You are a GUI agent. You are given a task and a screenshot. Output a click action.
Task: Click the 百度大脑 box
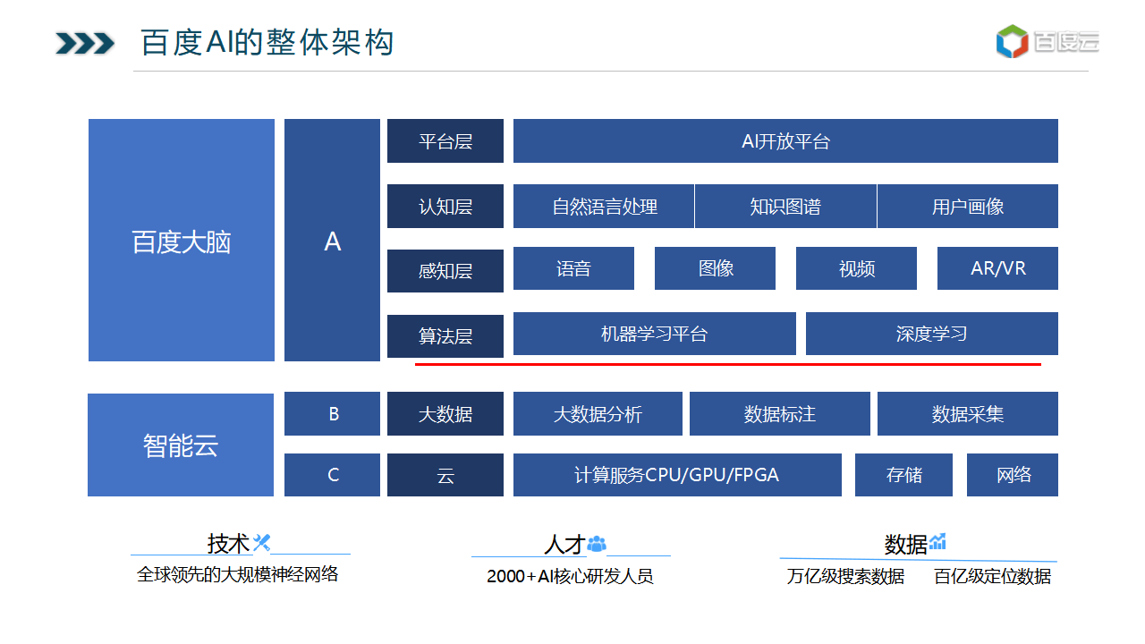(182, 241)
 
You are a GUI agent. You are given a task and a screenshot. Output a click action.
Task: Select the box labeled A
(332, 241)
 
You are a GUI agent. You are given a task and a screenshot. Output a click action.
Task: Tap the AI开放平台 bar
(785, 141)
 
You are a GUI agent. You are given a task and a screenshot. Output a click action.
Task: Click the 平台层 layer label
(445, 141)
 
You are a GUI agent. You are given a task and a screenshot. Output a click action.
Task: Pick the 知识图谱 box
(785, 206)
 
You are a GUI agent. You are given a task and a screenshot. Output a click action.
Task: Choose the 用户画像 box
(968, 206)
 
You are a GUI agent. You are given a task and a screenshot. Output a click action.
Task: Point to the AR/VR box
(997, 268)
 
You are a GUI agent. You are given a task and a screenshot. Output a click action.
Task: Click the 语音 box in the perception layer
(574, 268)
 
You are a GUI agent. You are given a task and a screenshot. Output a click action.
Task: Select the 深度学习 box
(932, 334)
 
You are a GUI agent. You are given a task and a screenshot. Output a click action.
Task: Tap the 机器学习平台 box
(655, 334)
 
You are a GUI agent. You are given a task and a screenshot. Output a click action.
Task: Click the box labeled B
(332, 414)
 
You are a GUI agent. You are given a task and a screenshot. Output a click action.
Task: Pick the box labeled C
(332, 475)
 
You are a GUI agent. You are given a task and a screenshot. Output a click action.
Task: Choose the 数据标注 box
(780, 414)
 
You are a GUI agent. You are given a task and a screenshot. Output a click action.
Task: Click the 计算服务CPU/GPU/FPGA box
(677, 475)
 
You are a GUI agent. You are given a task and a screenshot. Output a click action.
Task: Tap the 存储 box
(903, 475)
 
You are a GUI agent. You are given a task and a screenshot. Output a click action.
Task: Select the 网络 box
(1013, 475)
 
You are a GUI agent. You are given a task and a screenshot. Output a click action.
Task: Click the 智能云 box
(181, 445)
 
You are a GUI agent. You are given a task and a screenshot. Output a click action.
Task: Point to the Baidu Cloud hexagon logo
(1012, 41)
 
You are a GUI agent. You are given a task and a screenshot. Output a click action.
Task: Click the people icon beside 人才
(597, 544)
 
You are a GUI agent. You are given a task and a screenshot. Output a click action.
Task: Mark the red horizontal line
(728, 364)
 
